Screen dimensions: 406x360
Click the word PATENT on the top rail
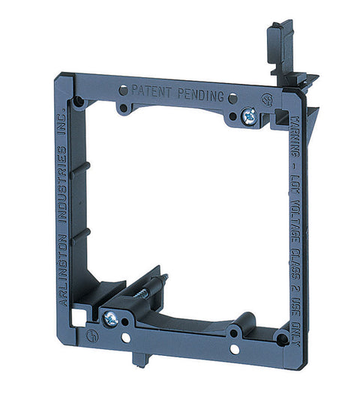point(152,90)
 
